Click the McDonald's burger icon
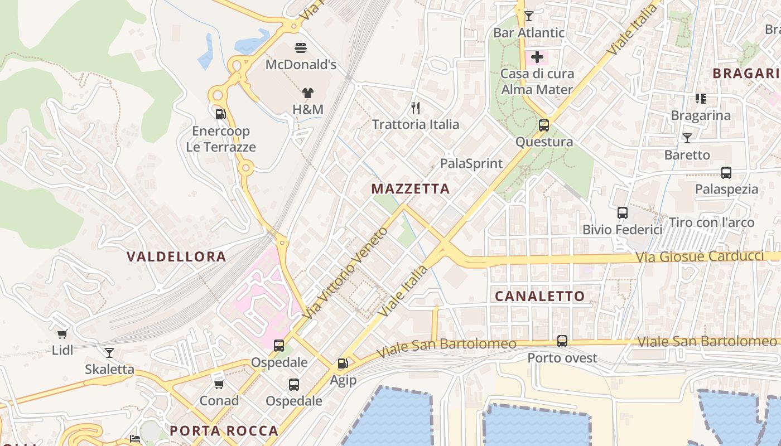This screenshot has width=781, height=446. (x=301, y=48)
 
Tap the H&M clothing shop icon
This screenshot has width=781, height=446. (x=308, y=93)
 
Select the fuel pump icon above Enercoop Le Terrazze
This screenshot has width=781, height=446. (x=221, y=114)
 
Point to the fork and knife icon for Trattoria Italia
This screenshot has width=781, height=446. (x=415, y=108)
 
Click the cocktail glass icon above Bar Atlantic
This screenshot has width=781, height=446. (x=529, y=16)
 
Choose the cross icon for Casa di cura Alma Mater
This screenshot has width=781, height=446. (x=537, y=57)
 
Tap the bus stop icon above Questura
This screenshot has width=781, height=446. (x=544, y=125)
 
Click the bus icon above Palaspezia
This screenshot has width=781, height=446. (x=726, y=173)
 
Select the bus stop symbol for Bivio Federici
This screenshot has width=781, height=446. (x=623, y=213)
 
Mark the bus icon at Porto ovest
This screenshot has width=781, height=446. (x=562, y=341)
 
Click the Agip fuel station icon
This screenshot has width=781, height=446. (x=343, y=364)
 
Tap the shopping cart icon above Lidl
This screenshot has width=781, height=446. (x=62, y=334)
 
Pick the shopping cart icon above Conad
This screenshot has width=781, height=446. (x=219, y=384)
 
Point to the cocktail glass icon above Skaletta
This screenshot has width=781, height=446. (x=109, y=353)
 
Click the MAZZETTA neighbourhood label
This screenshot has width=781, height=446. (x=411, y=189)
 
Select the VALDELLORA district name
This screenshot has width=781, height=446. (x=176, y=256)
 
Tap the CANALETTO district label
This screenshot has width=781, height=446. (x=539, y=296)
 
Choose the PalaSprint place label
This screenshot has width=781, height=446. (x=471, y=163)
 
